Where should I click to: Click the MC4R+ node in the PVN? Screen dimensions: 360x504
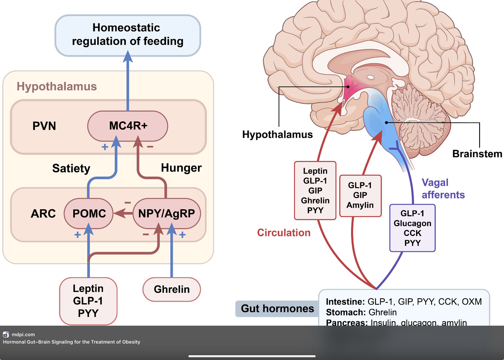128,126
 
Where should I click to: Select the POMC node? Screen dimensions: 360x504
89,213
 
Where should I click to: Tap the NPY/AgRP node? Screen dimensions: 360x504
166,213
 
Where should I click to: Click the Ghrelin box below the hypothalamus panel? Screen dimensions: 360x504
172,289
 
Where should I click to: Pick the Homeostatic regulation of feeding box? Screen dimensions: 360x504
127,35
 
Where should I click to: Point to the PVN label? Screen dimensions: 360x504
44,126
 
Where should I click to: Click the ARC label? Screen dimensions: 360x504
43,214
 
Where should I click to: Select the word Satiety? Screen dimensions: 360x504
71,168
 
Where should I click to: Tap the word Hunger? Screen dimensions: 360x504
181,168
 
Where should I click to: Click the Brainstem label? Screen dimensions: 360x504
477,154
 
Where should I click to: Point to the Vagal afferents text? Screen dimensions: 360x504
443,189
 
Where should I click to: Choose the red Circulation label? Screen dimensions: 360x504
283,233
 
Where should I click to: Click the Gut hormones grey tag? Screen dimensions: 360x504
277,308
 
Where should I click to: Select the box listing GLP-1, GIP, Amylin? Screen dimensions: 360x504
360,195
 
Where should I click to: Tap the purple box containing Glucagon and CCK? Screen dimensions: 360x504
412,228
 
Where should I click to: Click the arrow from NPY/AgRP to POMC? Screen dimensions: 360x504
124,213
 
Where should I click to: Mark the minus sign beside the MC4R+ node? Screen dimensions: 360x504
150,147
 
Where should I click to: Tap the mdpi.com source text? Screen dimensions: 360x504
23,334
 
